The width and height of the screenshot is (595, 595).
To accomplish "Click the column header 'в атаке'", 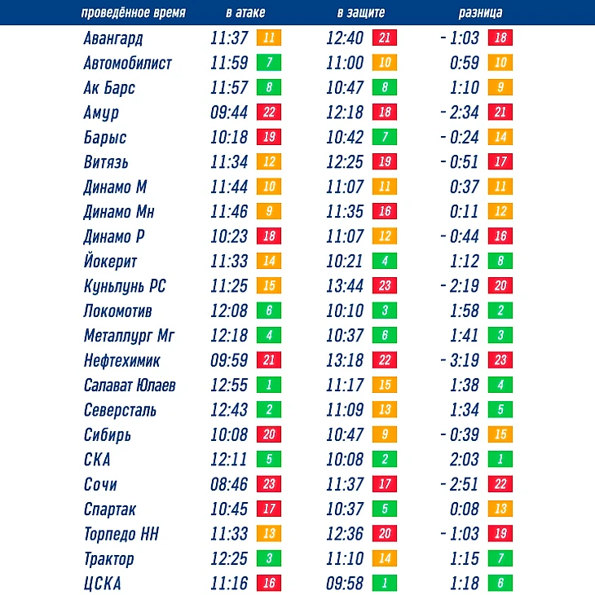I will [x=245, y=13].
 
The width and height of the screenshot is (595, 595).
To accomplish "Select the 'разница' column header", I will [x=480, y=13].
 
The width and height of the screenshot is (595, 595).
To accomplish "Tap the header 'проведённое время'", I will [x=134, y=13].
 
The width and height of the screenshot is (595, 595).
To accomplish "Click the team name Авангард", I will [x=113, y=37].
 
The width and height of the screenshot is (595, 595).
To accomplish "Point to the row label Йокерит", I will [x=110, y=262].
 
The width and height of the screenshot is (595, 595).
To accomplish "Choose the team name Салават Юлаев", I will [x=130, y=386].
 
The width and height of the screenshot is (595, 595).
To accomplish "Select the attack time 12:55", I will [x=229, y=386].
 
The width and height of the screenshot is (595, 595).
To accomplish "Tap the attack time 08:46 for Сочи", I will [x=229, y=484].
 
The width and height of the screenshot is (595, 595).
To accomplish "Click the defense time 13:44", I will [x=345, y=286].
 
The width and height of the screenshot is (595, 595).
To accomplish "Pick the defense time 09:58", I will [x=345, y=584].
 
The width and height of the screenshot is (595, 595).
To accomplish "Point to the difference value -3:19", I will [x=460, y=360].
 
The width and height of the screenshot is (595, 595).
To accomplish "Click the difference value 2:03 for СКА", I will [x=465, y=460].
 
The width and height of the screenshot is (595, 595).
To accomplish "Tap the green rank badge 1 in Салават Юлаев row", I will [x=268, y=386].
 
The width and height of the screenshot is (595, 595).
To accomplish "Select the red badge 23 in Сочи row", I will [x=268, y=484].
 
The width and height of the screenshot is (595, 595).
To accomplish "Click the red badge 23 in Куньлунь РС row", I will [x=385, y=286].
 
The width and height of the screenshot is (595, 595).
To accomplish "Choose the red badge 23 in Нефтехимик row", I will [x=500, y=360].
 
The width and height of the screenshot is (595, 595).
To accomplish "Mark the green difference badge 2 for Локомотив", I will [x=500, y=311].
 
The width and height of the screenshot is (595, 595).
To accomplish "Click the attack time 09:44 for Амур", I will [x=229, y=112].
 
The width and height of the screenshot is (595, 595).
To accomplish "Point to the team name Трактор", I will [x=108, y=559].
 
